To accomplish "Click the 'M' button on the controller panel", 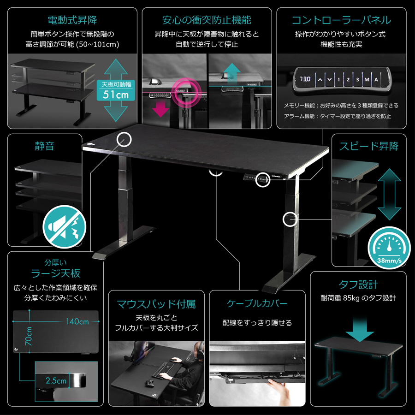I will [x=367, y=79].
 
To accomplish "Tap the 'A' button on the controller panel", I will [x=377, y=79].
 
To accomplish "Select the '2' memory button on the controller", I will [x=348, y=79].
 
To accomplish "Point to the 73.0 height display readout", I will [x=306, y=79].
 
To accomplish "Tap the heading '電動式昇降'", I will [x=72, y=20].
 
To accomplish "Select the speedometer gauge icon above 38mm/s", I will [x=388, y=245].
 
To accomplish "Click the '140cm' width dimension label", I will [x=77, y=321].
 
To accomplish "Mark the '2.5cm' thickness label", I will [x=56, y=381].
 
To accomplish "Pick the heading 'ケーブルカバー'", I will [x=257, y=304].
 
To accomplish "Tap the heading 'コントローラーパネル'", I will [x=341, y=20].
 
